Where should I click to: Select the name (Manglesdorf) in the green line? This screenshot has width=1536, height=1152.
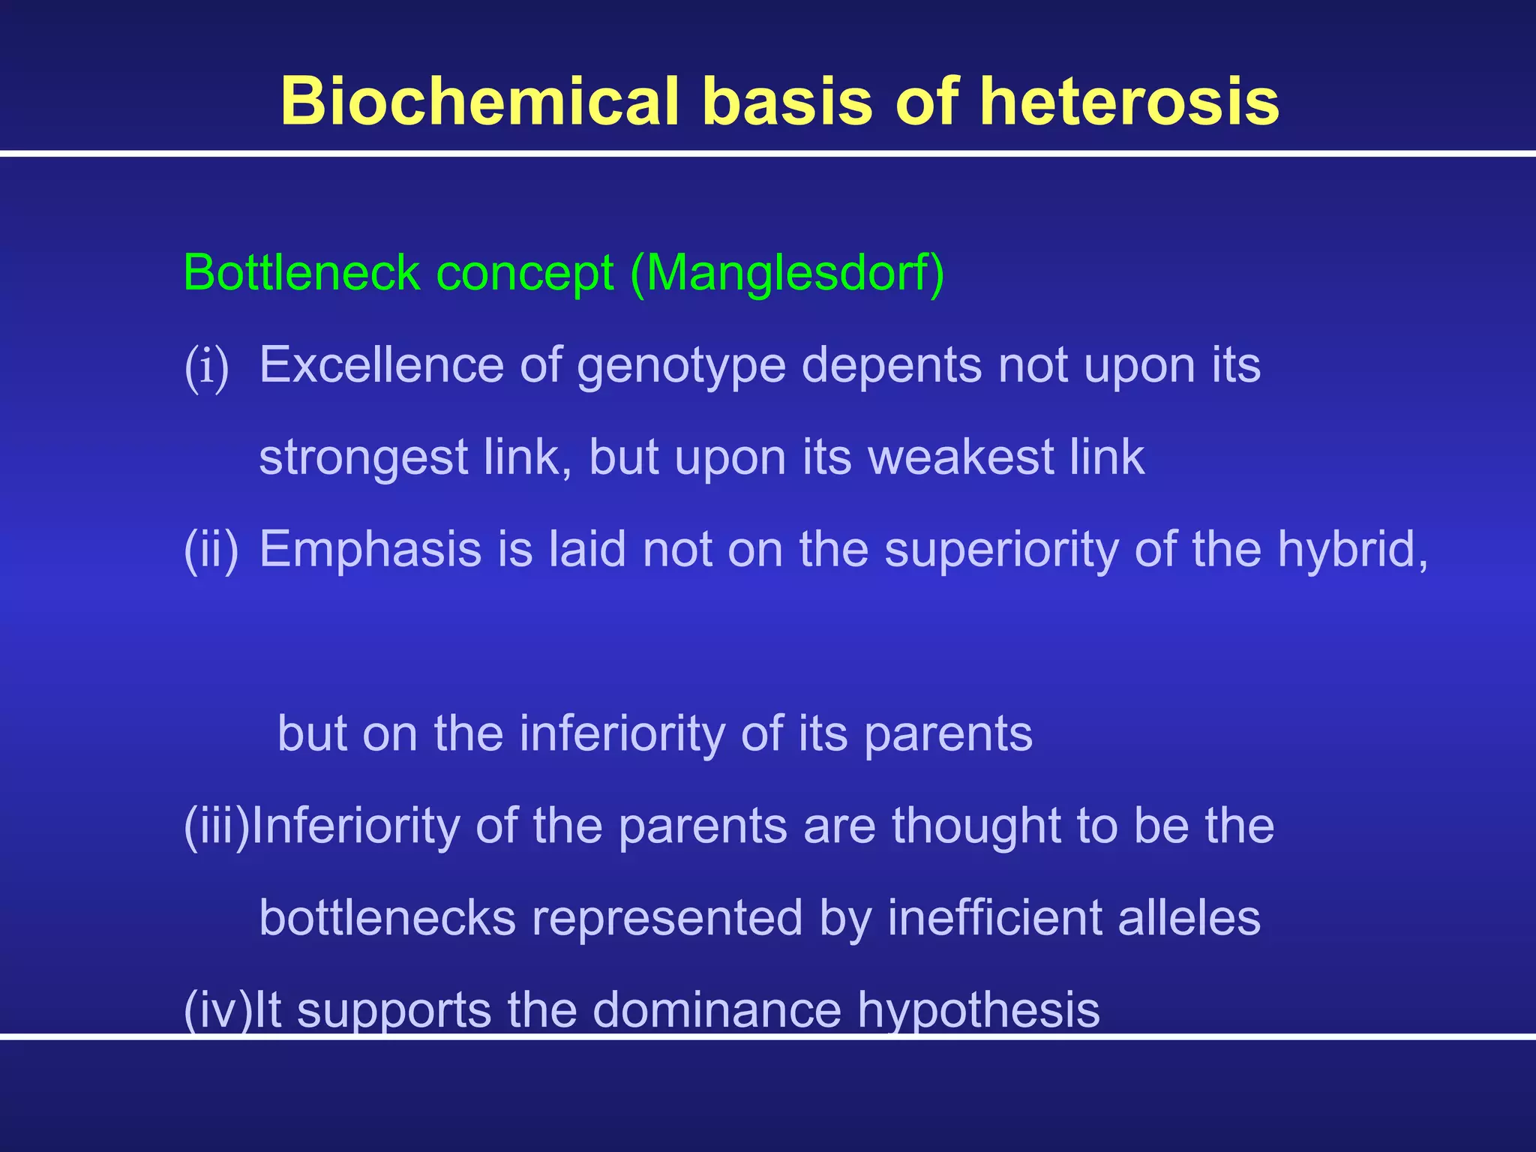tap(787, 273)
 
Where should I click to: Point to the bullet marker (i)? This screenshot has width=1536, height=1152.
tap(206, 367)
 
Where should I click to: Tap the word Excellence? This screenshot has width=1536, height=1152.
tap(381, 365)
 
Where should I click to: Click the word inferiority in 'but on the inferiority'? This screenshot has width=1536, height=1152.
tap(622, 733)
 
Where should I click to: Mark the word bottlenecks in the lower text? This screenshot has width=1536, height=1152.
tap(387, 918)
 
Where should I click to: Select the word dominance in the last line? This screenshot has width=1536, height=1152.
tap(717, 1010)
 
